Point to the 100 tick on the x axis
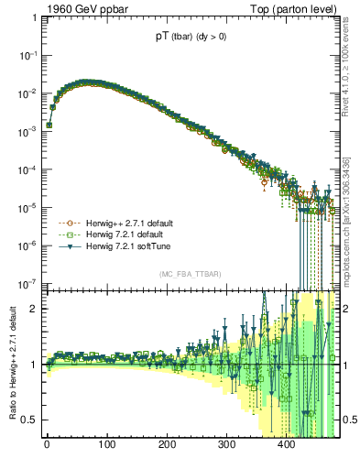[x=106, y=446]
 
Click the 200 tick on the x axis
[x=167, y=446]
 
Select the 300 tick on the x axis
[x=226, y=446]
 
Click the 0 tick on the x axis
[x=47, y=446]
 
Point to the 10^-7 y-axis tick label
[x=27, y=283]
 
